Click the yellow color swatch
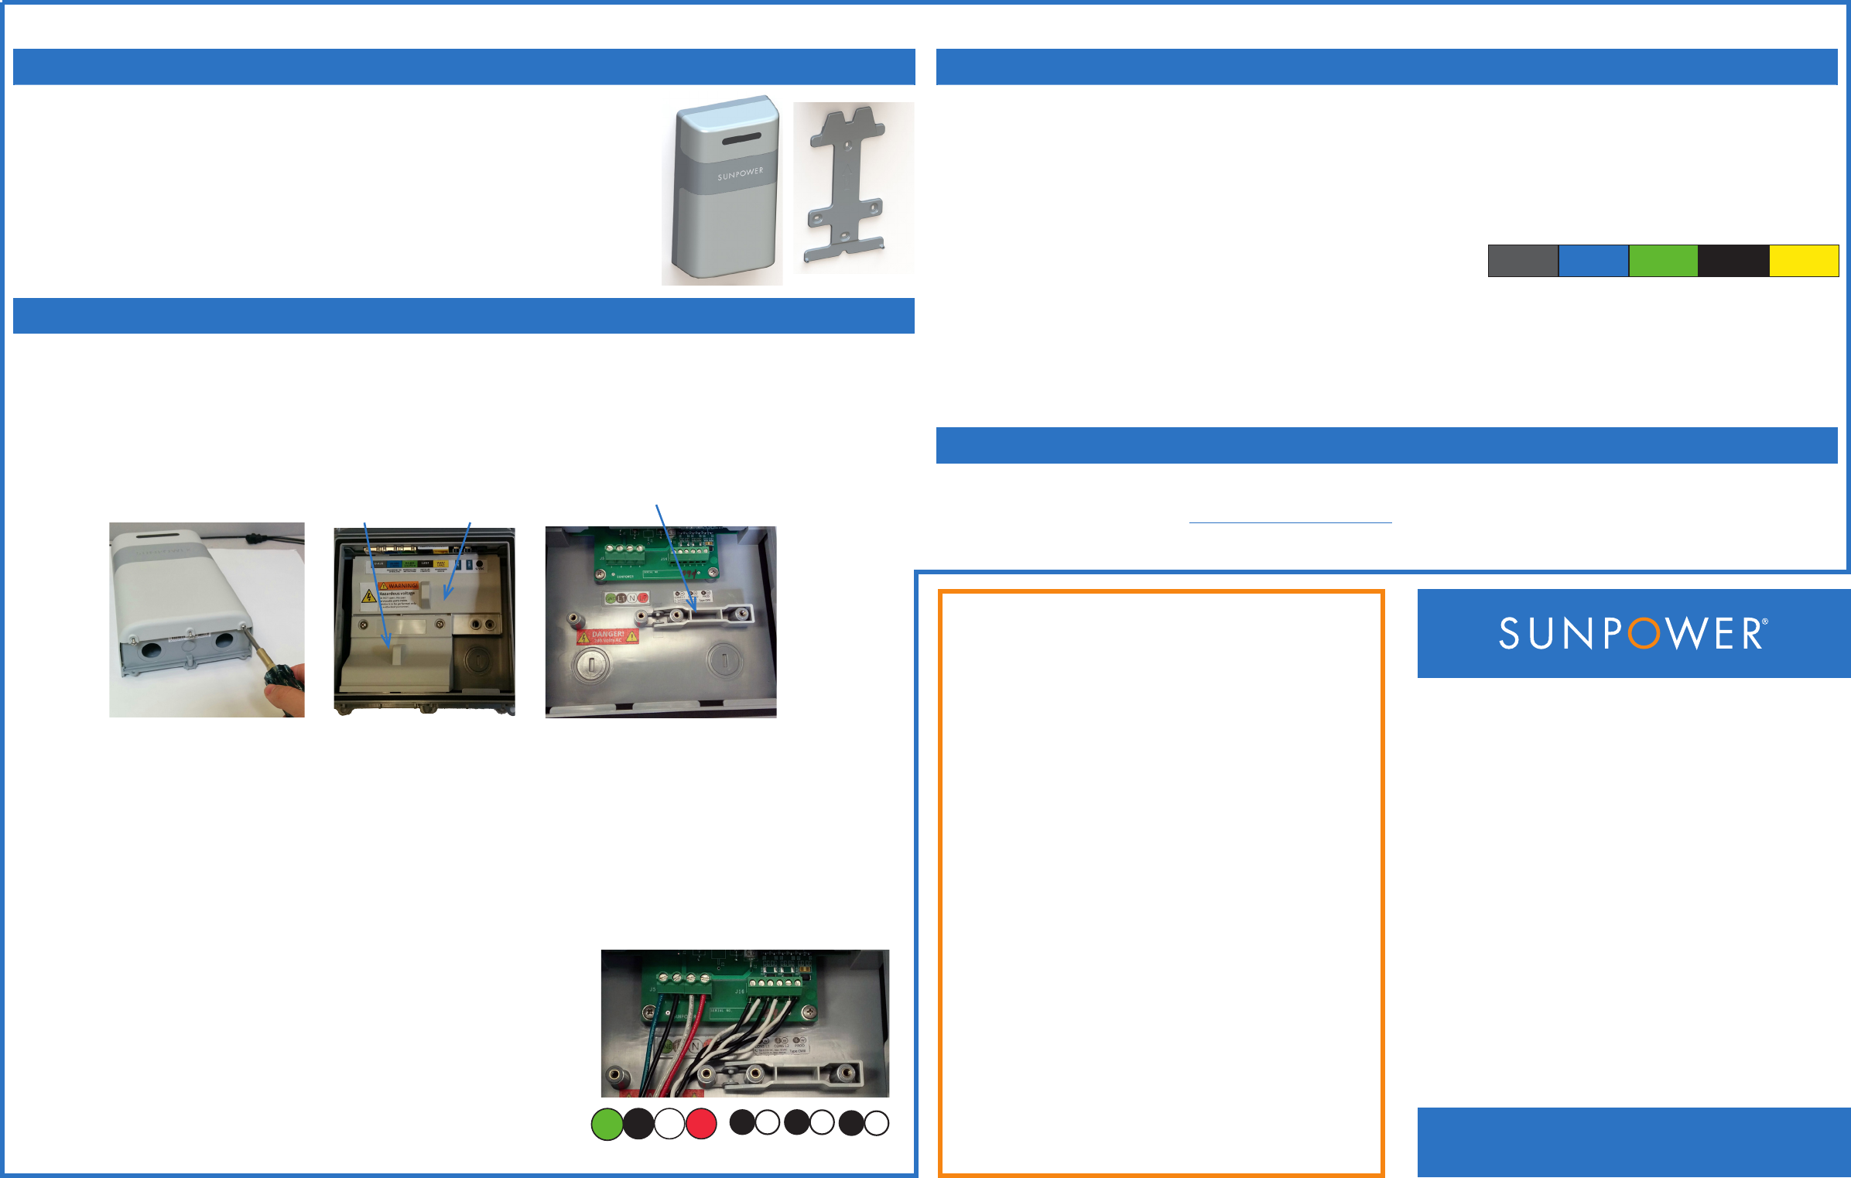(x=1804, y=261)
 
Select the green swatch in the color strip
(x=1663, y=261)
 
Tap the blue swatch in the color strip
(x=1593, y=261)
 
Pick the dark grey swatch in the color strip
(x=1523, y=261)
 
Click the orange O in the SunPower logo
(x=1644, y=634)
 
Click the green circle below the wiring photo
(x=607, y=1124)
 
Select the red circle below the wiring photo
(x=701, y=1124)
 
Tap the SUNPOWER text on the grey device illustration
(x=740, y=173)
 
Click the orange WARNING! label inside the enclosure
(x=399, y=586)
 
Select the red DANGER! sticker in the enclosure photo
(x=607, y=636)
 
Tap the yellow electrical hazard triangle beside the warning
(x=369, y=596)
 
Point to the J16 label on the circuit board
(x=740, y=991)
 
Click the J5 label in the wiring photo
(x=652, y=990)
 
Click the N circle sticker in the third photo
(x=631, y=598)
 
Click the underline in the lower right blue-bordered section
(x=1290, y=523)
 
